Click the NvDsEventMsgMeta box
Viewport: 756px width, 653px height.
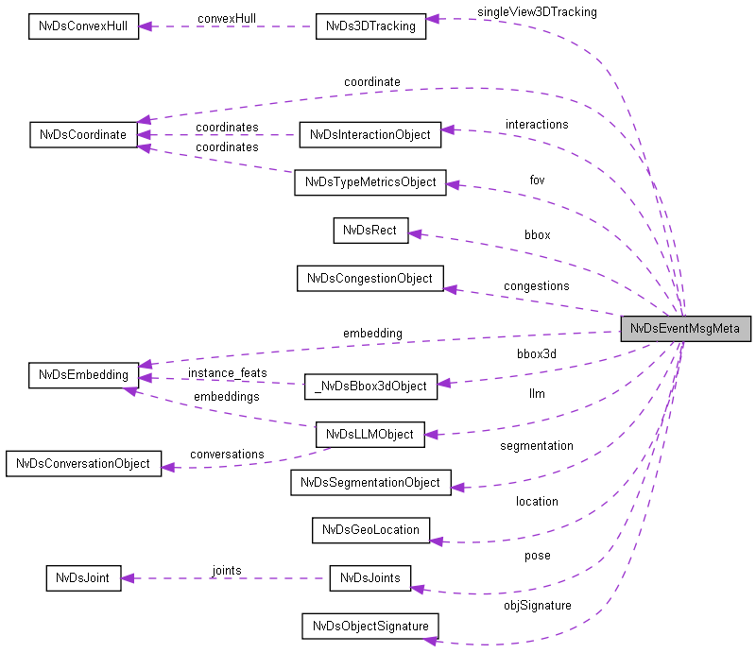[685, 328]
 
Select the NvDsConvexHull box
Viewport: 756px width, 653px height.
[83, 26]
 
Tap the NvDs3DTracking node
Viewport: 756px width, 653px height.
[369, 26]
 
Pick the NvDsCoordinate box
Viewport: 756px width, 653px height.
[84, 134]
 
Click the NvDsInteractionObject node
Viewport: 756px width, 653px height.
[369, 134]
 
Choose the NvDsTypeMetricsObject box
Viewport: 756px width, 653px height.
[369, 182]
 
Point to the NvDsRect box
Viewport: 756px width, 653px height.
[369, 230]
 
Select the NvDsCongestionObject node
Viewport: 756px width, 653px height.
[369, 278]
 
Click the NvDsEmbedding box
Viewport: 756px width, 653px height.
[84, 374]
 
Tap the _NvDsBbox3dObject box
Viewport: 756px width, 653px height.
[369, 386]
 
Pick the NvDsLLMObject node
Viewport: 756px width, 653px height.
[369, 434]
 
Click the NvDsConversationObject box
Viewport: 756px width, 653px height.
[83, 464]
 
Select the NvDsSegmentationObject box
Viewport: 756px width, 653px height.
[369, 482]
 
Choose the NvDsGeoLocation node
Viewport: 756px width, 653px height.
[369, 529]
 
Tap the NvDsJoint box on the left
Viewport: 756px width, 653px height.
[84, 577]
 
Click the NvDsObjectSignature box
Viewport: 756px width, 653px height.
[369, 626]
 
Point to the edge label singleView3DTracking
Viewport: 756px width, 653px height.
[537, 12]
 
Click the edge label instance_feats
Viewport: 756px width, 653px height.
[227, 372]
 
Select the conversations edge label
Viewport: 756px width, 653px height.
[227, 454]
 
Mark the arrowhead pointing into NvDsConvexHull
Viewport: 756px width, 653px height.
[146, 26]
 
